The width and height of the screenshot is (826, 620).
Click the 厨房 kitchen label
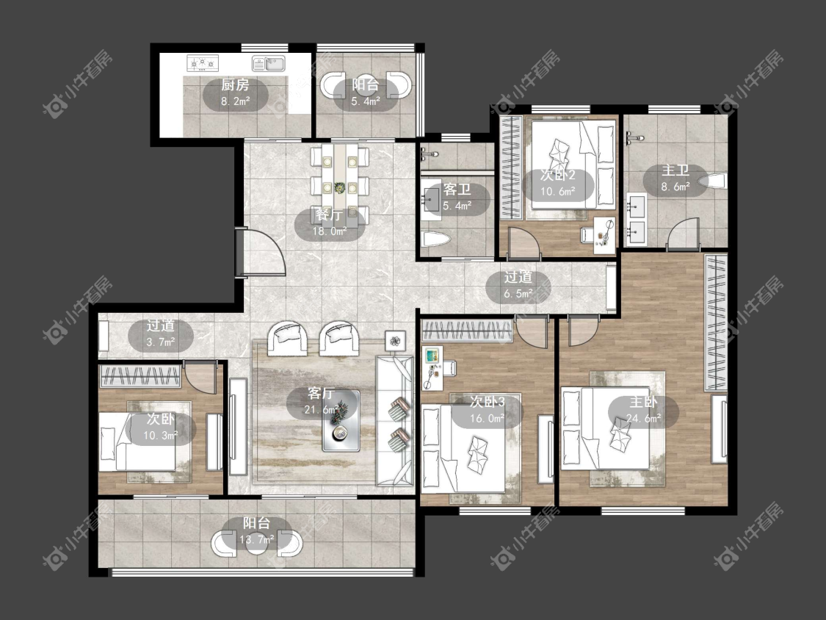pos(235,84)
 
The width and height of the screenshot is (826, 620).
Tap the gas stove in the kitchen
pos(203,64)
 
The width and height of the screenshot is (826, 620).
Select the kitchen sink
pos(268,63)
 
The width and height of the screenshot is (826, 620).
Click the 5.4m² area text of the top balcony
pos(366,101)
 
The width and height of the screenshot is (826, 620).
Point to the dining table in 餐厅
pos(340,179)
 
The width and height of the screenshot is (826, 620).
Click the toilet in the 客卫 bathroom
pos(435,240)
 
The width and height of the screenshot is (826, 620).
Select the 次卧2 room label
pos(557,175)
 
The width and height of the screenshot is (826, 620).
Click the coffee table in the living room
pos(341,420)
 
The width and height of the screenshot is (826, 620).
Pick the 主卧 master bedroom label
pos(643,402)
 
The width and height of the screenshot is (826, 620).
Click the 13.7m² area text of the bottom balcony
pos(256,539)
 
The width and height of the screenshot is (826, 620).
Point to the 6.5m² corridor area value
pos(518,294)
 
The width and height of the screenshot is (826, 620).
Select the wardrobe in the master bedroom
pos(716,322)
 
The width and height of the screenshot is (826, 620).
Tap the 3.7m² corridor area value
pos(161,342)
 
